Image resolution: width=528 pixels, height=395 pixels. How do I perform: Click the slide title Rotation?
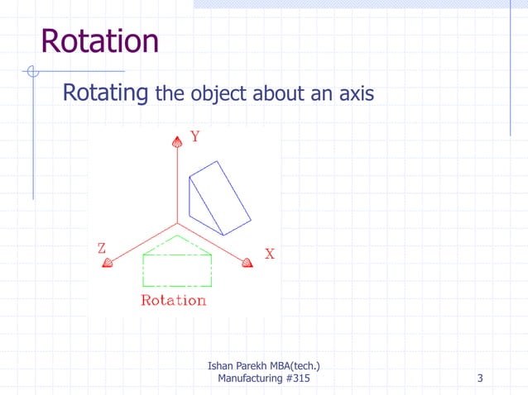pyautogui.click(x=99, y=40)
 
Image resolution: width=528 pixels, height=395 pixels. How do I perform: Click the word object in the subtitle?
pyautogui.click(x=218, y=95)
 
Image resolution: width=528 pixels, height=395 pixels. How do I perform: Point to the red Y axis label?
pyautogui.click(x=194, y=137)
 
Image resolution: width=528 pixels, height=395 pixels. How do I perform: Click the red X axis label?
pyautogui.click(x=270, y=255)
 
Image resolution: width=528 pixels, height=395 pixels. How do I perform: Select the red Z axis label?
pyautogui.click(x=101, y=248)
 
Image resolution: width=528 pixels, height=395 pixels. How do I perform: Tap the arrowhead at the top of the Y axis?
pyautogui.click(x=176, y=144)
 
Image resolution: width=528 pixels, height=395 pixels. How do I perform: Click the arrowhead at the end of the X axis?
pyautogui.click(x=247, y=263)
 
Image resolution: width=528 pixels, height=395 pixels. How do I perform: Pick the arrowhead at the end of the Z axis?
pyautogui.click(x=107, y=263)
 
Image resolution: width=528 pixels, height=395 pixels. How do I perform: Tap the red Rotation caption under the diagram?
pyautogui.click(x=174, y=300)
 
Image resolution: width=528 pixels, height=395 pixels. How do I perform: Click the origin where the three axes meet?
pyautogui.click(x=176, y=223)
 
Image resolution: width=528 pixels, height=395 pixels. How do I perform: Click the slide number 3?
pyautogui.click(x=480, y=378)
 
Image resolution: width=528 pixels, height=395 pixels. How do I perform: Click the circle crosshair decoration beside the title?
pyautogui.click(x=32, y=72)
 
